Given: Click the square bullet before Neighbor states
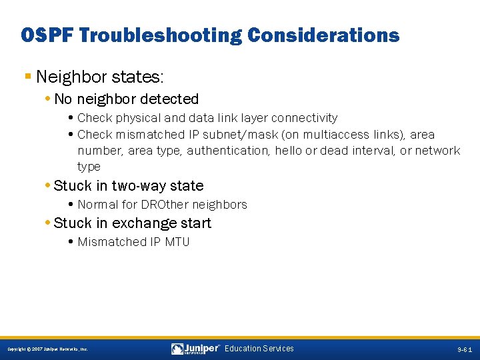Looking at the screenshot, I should (x=27, y=77).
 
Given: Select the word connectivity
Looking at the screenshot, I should (x=304, y=118).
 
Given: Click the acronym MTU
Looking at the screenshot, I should (x=177, y=242).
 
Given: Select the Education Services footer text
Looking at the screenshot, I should (x=259, y=349).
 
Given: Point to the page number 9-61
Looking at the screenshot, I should (x=466, y=349).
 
